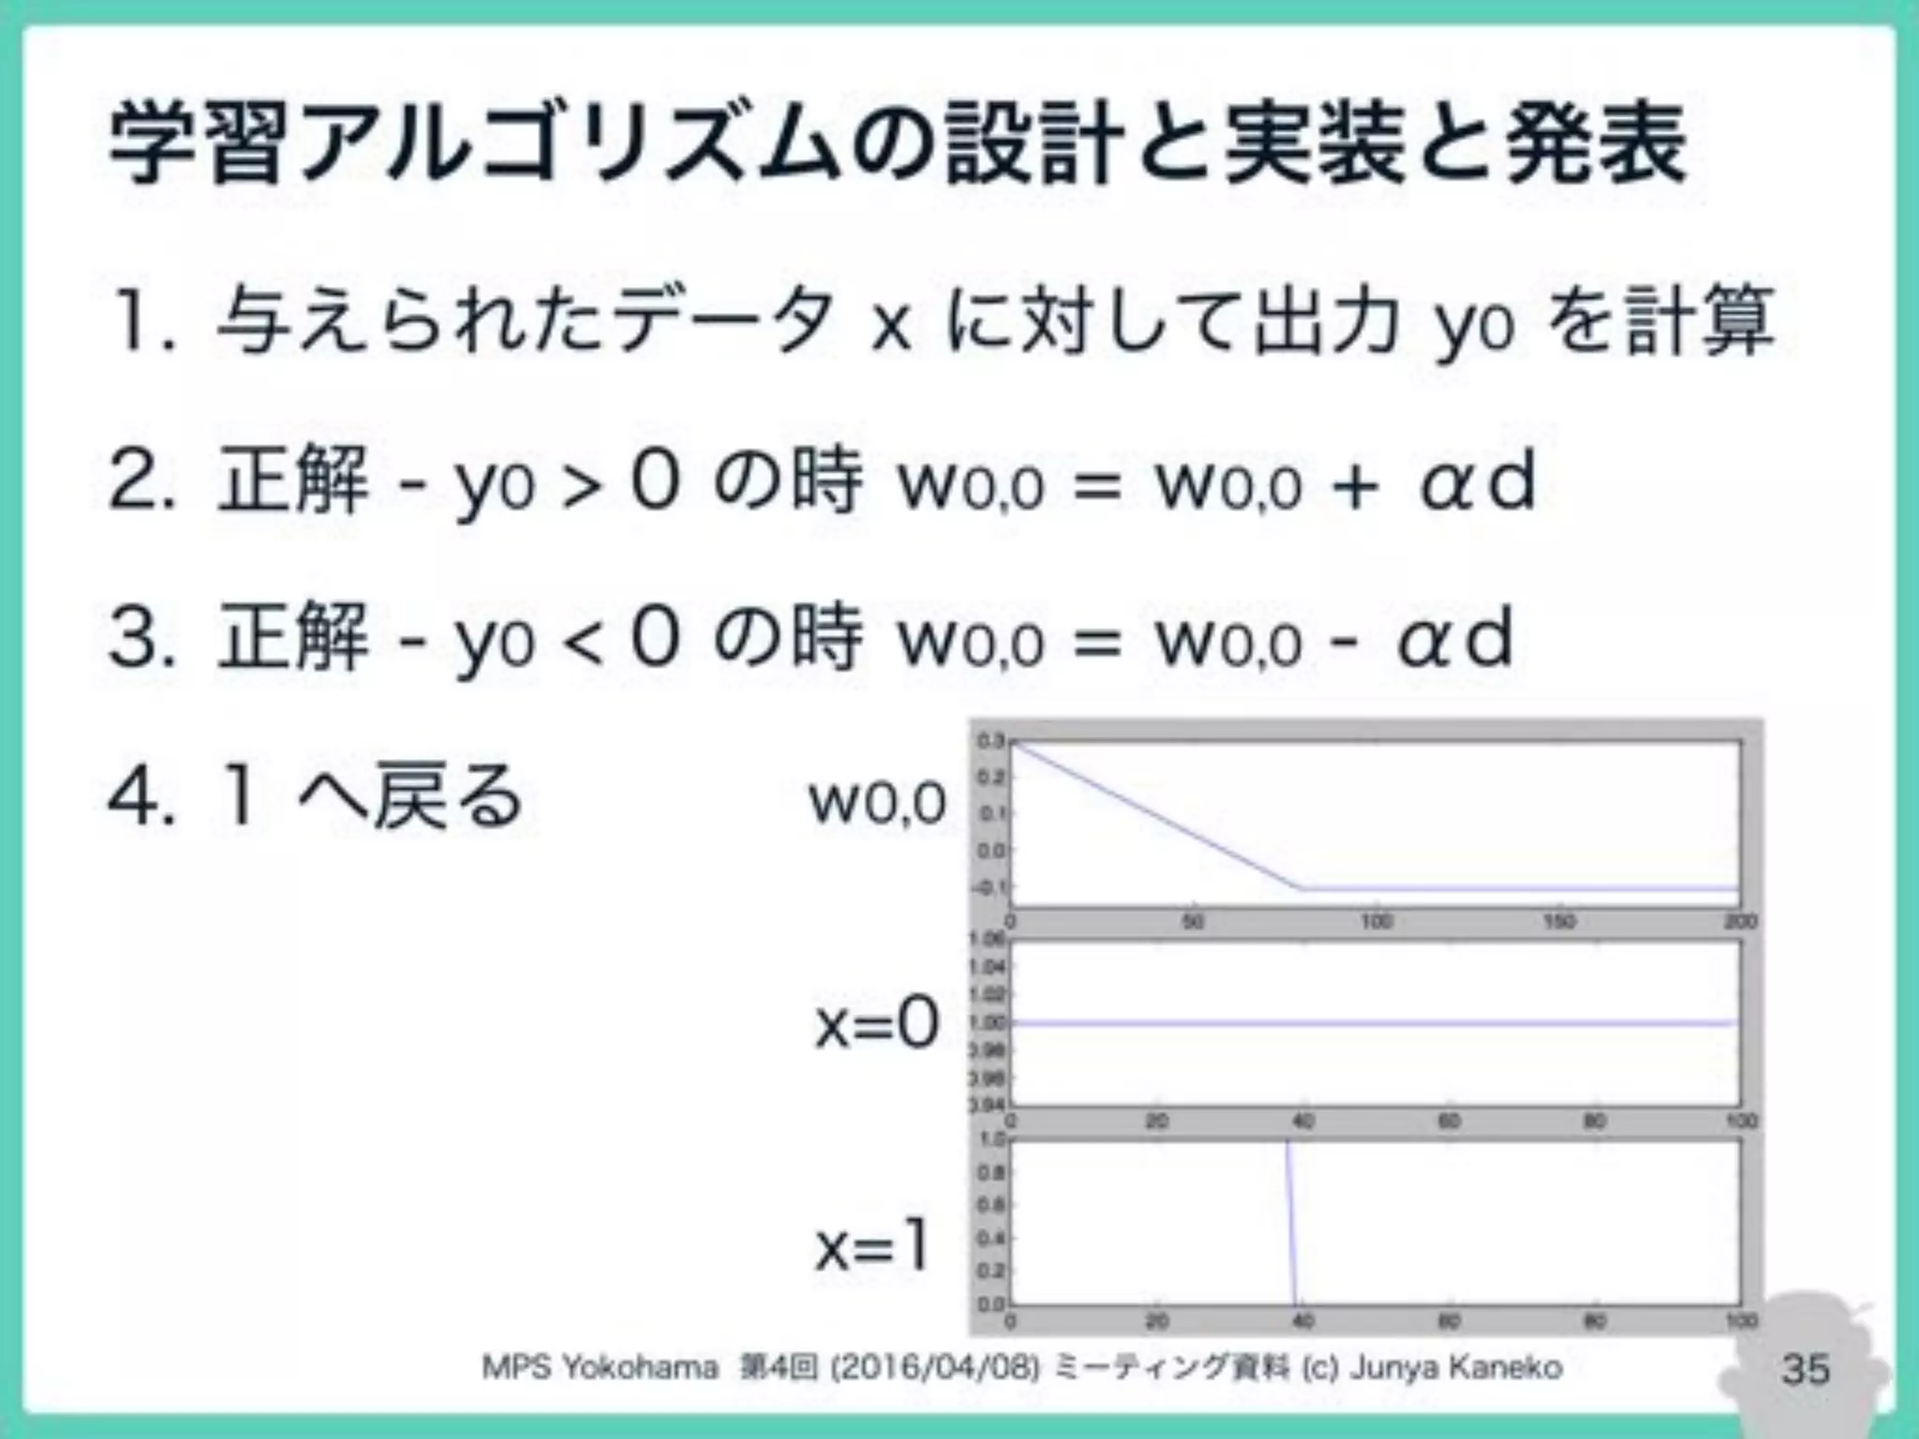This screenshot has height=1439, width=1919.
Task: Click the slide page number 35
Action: tap(1805, 1369)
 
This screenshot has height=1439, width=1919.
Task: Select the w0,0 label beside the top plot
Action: tap(877, 804)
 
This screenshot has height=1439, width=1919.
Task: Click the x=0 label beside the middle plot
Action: tap(877, 1024)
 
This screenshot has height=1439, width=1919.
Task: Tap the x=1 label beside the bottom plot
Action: tap(871, 1247)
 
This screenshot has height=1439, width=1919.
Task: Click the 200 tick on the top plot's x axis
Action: tap(1741, 922)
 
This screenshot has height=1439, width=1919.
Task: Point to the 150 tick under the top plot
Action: tap(1558, 922)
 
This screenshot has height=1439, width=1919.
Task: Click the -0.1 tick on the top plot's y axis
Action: tap(989, 886)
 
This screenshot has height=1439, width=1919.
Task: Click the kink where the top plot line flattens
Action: tap(1302, 886)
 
